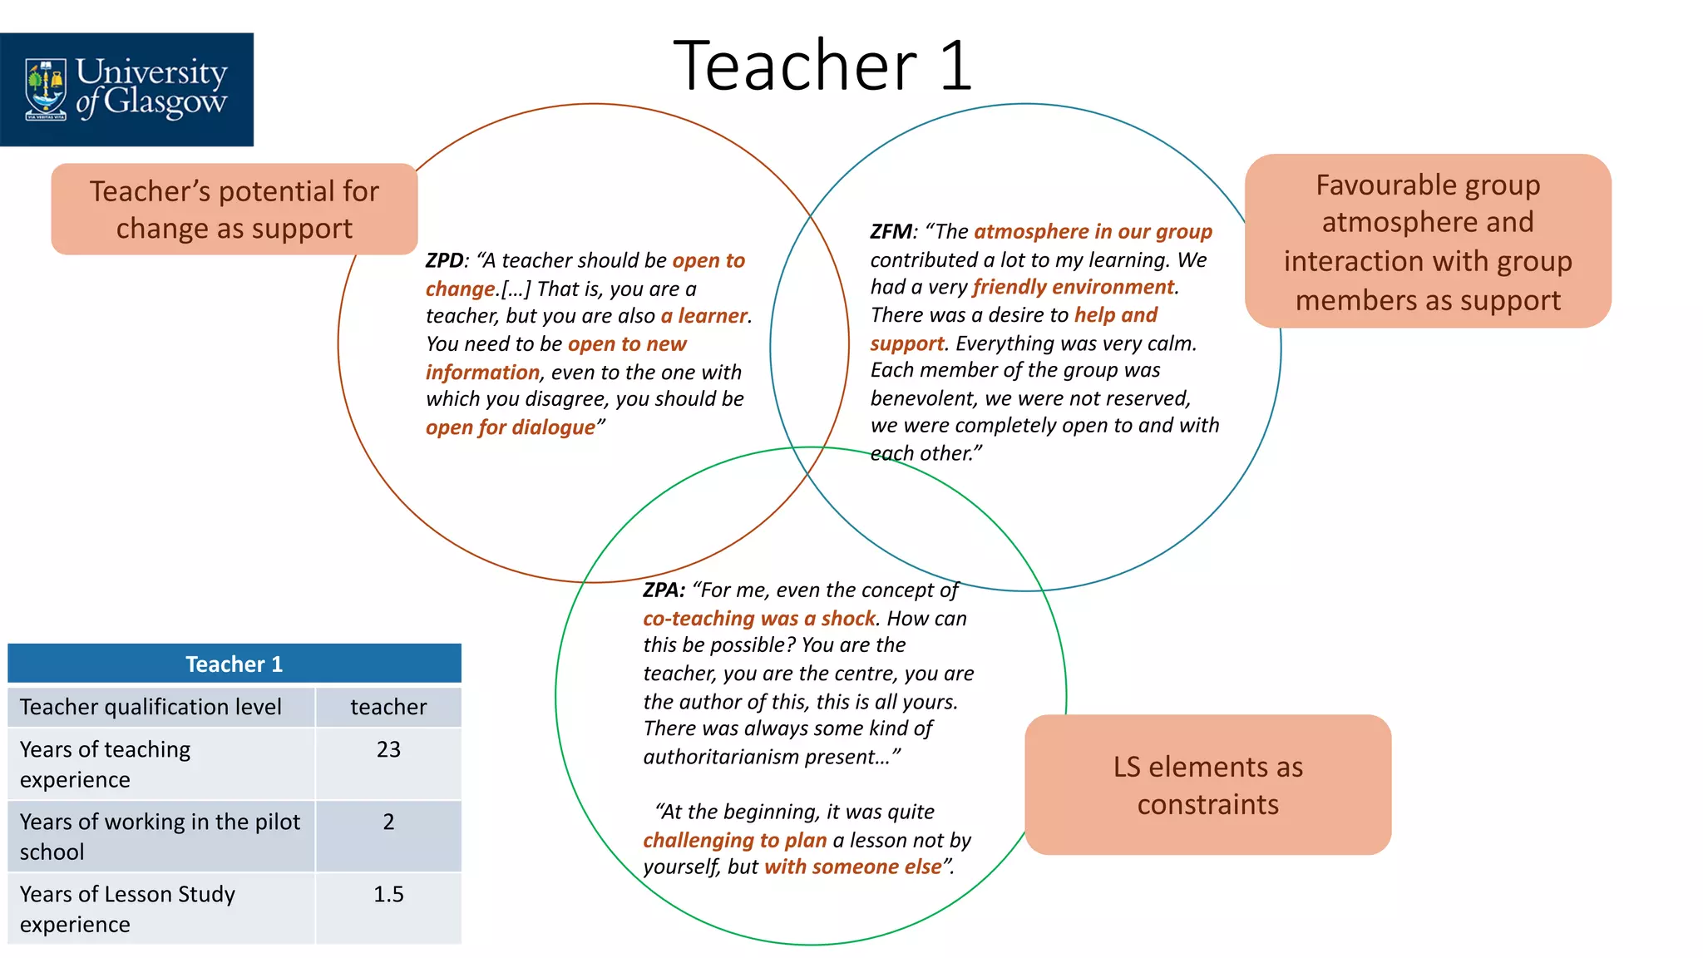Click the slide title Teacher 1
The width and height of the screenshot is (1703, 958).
point(822,66)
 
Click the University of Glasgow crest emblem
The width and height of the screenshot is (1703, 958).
point(46,89)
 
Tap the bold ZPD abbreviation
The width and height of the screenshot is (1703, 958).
point(444,261)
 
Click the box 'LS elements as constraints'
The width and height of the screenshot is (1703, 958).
point(1207,784)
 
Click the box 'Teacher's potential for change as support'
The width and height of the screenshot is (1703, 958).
point(234,210)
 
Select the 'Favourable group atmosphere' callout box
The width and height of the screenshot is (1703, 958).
point(1427,241)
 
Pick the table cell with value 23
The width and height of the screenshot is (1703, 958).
point(388,750)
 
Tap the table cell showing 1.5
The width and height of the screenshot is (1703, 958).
point(388,895)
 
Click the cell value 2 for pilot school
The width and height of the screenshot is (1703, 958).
point(388,822)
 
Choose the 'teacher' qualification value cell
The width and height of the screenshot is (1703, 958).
point(388,708)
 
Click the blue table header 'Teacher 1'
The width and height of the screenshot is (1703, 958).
point(234,664)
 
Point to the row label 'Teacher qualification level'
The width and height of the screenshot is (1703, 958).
point(151,708)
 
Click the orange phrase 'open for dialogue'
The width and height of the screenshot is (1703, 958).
point(511,427)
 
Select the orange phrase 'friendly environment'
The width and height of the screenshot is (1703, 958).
point(1074,288)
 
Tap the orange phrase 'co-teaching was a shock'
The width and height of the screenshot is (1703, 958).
point(758,619)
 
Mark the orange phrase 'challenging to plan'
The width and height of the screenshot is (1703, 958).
point(734,841)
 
